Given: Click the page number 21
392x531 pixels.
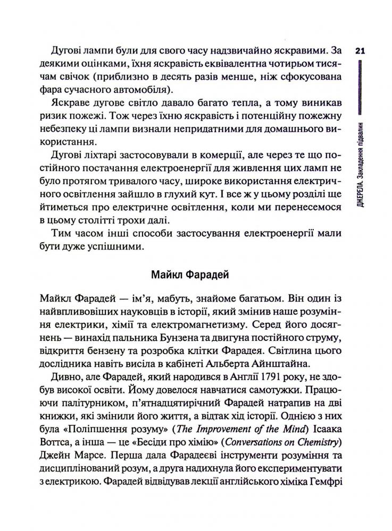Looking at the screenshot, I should (x=358, y=52).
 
